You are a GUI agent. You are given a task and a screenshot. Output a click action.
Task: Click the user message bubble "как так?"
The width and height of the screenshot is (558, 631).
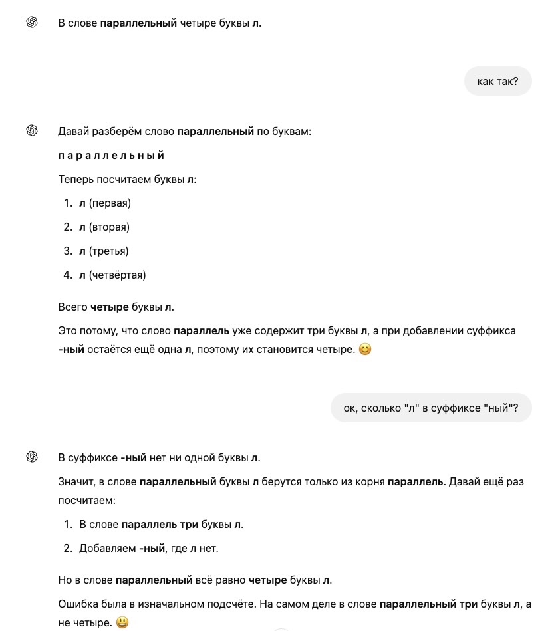tap(497, 82)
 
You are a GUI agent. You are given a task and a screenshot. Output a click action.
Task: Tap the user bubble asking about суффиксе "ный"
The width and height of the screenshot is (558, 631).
tap(430, 408)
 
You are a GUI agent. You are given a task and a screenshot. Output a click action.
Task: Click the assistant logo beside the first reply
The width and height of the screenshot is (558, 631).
tap(32, 23)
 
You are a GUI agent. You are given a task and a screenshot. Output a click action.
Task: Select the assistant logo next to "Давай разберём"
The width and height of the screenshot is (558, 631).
tap(32, 130)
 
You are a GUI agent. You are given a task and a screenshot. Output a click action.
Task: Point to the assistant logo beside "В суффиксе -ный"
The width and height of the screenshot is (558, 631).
tap(32, 457)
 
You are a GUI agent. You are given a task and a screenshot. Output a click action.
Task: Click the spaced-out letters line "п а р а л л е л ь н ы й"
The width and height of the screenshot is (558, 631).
tap(111, 156)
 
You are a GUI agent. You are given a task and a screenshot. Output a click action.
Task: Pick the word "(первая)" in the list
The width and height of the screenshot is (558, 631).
tap(110, 203)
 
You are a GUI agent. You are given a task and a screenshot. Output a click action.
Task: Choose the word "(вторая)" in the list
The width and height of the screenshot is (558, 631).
tap(109, 227)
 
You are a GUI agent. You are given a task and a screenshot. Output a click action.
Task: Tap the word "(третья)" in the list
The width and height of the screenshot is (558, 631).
tap(108, 251)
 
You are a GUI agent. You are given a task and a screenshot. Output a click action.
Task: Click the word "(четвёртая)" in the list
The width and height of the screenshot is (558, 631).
tap(117, 275)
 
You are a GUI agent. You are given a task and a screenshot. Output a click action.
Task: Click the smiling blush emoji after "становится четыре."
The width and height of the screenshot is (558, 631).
tap(364, 349)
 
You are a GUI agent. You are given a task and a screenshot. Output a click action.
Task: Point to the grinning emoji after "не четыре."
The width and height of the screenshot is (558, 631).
tap(122, 623)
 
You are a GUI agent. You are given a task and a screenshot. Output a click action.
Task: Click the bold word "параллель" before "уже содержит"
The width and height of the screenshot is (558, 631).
tap(202, 331)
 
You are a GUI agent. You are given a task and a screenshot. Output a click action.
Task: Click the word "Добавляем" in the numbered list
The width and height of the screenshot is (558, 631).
tap(107, 549)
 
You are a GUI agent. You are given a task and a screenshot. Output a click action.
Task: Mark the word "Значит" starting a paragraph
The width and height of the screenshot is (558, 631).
tap(76, 481)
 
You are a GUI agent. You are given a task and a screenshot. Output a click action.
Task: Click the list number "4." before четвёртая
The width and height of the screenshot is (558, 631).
tap(68, 275)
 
